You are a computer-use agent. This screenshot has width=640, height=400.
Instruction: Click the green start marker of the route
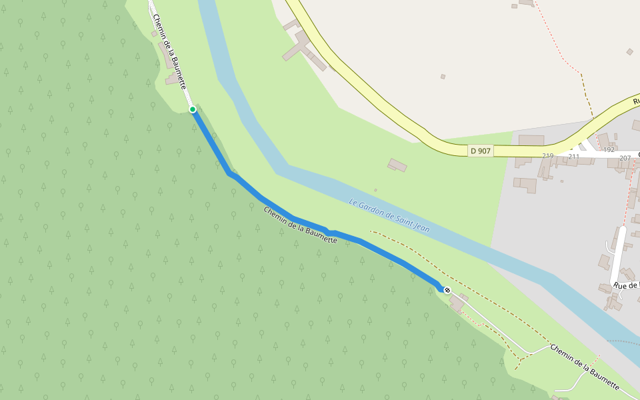pos(193,109)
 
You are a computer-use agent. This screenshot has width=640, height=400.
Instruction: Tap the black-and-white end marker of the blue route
pos(447,290)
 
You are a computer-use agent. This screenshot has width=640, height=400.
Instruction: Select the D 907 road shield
pos(480,151)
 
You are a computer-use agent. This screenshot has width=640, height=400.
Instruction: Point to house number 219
pos(548,156)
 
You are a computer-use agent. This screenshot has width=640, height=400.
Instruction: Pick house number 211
pos(573,156)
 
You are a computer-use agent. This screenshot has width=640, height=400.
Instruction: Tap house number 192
pos(609,150)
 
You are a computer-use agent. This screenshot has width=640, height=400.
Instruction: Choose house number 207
pos(625,158)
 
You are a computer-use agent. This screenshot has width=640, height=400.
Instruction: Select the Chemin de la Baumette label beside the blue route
pos(300,225)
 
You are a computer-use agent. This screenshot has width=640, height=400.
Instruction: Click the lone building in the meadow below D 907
pos(397,165)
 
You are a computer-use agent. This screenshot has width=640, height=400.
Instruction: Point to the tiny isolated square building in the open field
pos(442,77)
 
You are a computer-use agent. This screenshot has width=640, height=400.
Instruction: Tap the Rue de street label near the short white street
pos(625,285)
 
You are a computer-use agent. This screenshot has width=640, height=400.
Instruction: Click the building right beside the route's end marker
pos(457,303)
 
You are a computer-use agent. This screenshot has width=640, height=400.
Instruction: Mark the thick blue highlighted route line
pos(280,211)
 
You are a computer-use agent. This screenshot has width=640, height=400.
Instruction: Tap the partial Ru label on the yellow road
pos(635,101)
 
